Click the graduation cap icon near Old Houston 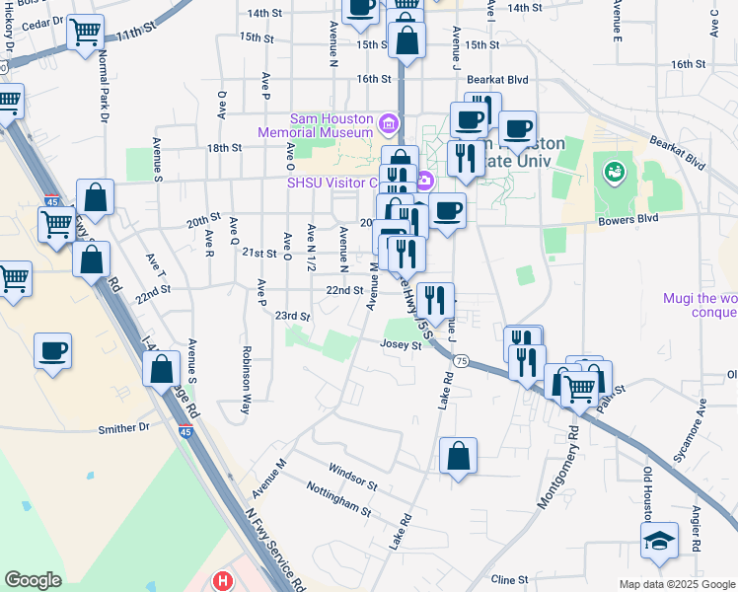coord(659,541)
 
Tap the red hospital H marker coord(224,581)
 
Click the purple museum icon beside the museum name coord(389,124)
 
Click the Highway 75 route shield coord(460,361)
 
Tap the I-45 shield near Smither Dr coord(186,431)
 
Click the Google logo coord(33,579)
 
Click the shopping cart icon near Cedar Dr coord(86,33)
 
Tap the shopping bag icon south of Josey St coord(458,457)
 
